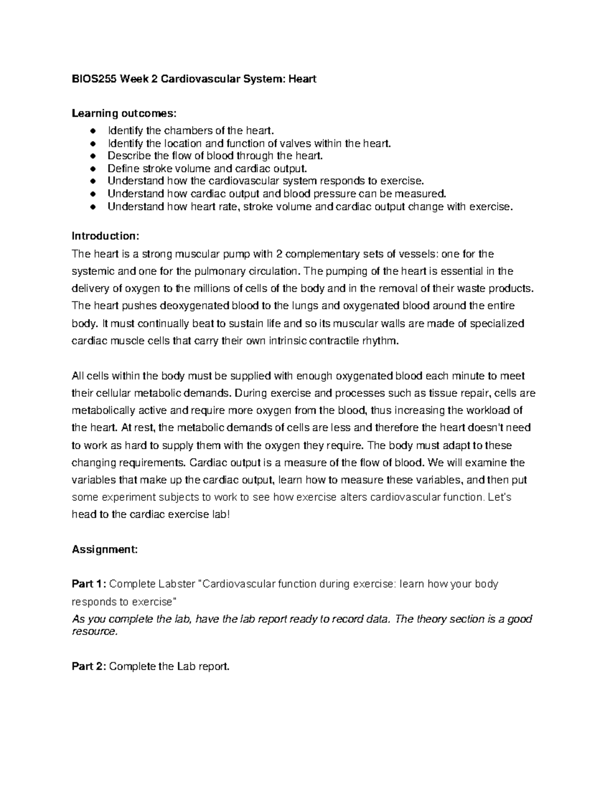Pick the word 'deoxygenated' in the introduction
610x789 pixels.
[x=195, y=306]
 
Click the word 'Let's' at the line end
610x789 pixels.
[x=499, y=497]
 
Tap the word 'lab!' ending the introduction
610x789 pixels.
[x=220, y=515]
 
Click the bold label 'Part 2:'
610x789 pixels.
[x=89, y=667]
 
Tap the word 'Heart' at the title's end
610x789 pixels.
[x=302, y=79]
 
